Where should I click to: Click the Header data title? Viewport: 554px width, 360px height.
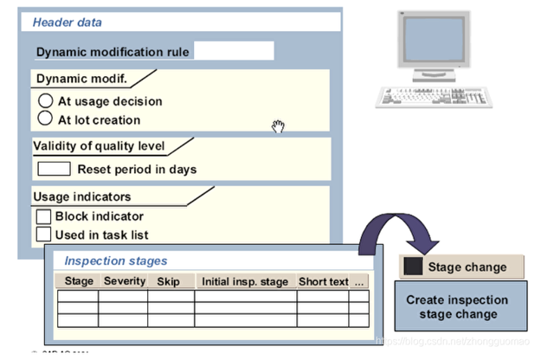click(67, 22)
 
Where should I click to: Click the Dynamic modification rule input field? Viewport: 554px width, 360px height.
click(234, 51)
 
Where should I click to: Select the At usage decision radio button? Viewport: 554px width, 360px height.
click(47, 101)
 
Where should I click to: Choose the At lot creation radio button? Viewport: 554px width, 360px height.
click(47, 119)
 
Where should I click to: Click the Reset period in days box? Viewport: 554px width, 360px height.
click(54, 169)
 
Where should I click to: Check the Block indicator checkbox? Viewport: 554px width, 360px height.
click(43, 216)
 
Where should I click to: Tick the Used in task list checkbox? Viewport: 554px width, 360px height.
click(43, 234)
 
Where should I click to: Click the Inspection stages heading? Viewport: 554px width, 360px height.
click(116, 260)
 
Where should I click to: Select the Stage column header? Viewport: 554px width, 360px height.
click(79, 281)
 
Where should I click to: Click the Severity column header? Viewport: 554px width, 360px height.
click(124, 281)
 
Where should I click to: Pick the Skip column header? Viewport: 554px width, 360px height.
click(168, 281)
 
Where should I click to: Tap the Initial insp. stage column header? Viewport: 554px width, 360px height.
click(245, 281)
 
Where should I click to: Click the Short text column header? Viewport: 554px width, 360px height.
click(323, 281)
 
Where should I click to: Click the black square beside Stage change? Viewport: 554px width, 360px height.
click(414, 267)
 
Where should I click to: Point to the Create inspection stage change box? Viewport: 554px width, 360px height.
click(457, 306)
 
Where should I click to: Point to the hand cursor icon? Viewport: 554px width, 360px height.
click(278, 127)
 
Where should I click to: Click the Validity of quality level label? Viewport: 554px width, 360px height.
click(99, 145)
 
